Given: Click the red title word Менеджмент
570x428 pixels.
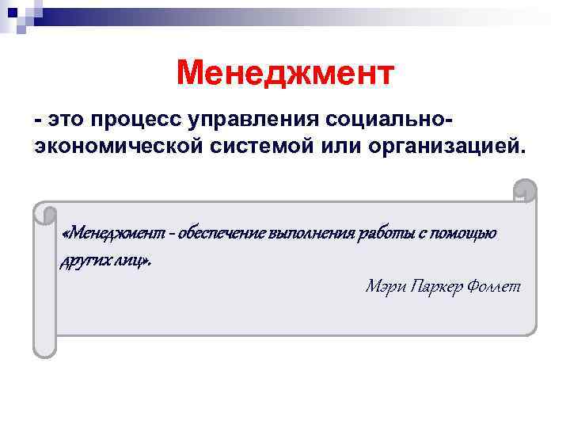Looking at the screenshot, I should [x=285, y=74].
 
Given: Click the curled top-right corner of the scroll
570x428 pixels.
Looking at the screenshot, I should [x=525, y=190].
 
